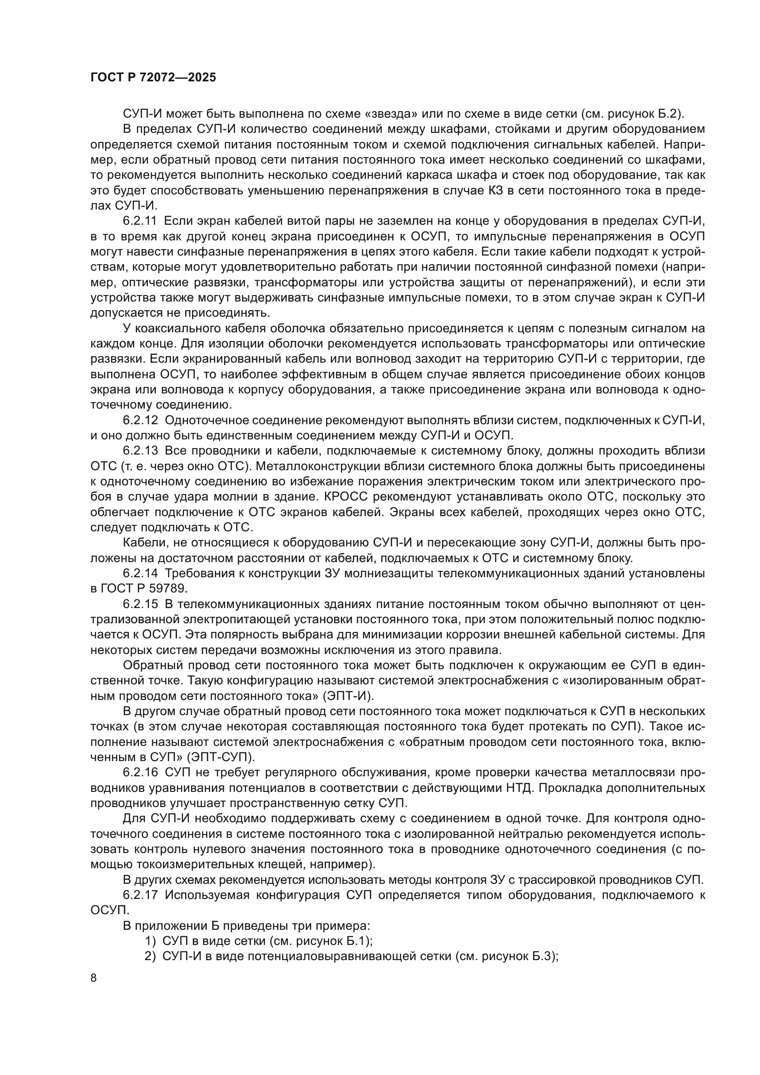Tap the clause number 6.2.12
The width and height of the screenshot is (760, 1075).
(x=141, y=421)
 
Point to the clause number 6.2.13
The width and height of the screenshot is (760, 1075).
(x=141, y=451)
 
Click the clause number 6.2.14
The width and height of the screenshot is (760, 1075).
(x=141, y=574)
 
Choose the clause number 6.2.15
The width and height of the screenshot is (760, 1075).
(x=141, y=604)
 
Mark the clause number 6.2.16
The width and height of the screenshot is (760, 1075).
(x=141, y=773)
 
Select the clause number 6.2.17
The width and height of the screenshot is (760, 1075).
(x=141, y=895)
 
